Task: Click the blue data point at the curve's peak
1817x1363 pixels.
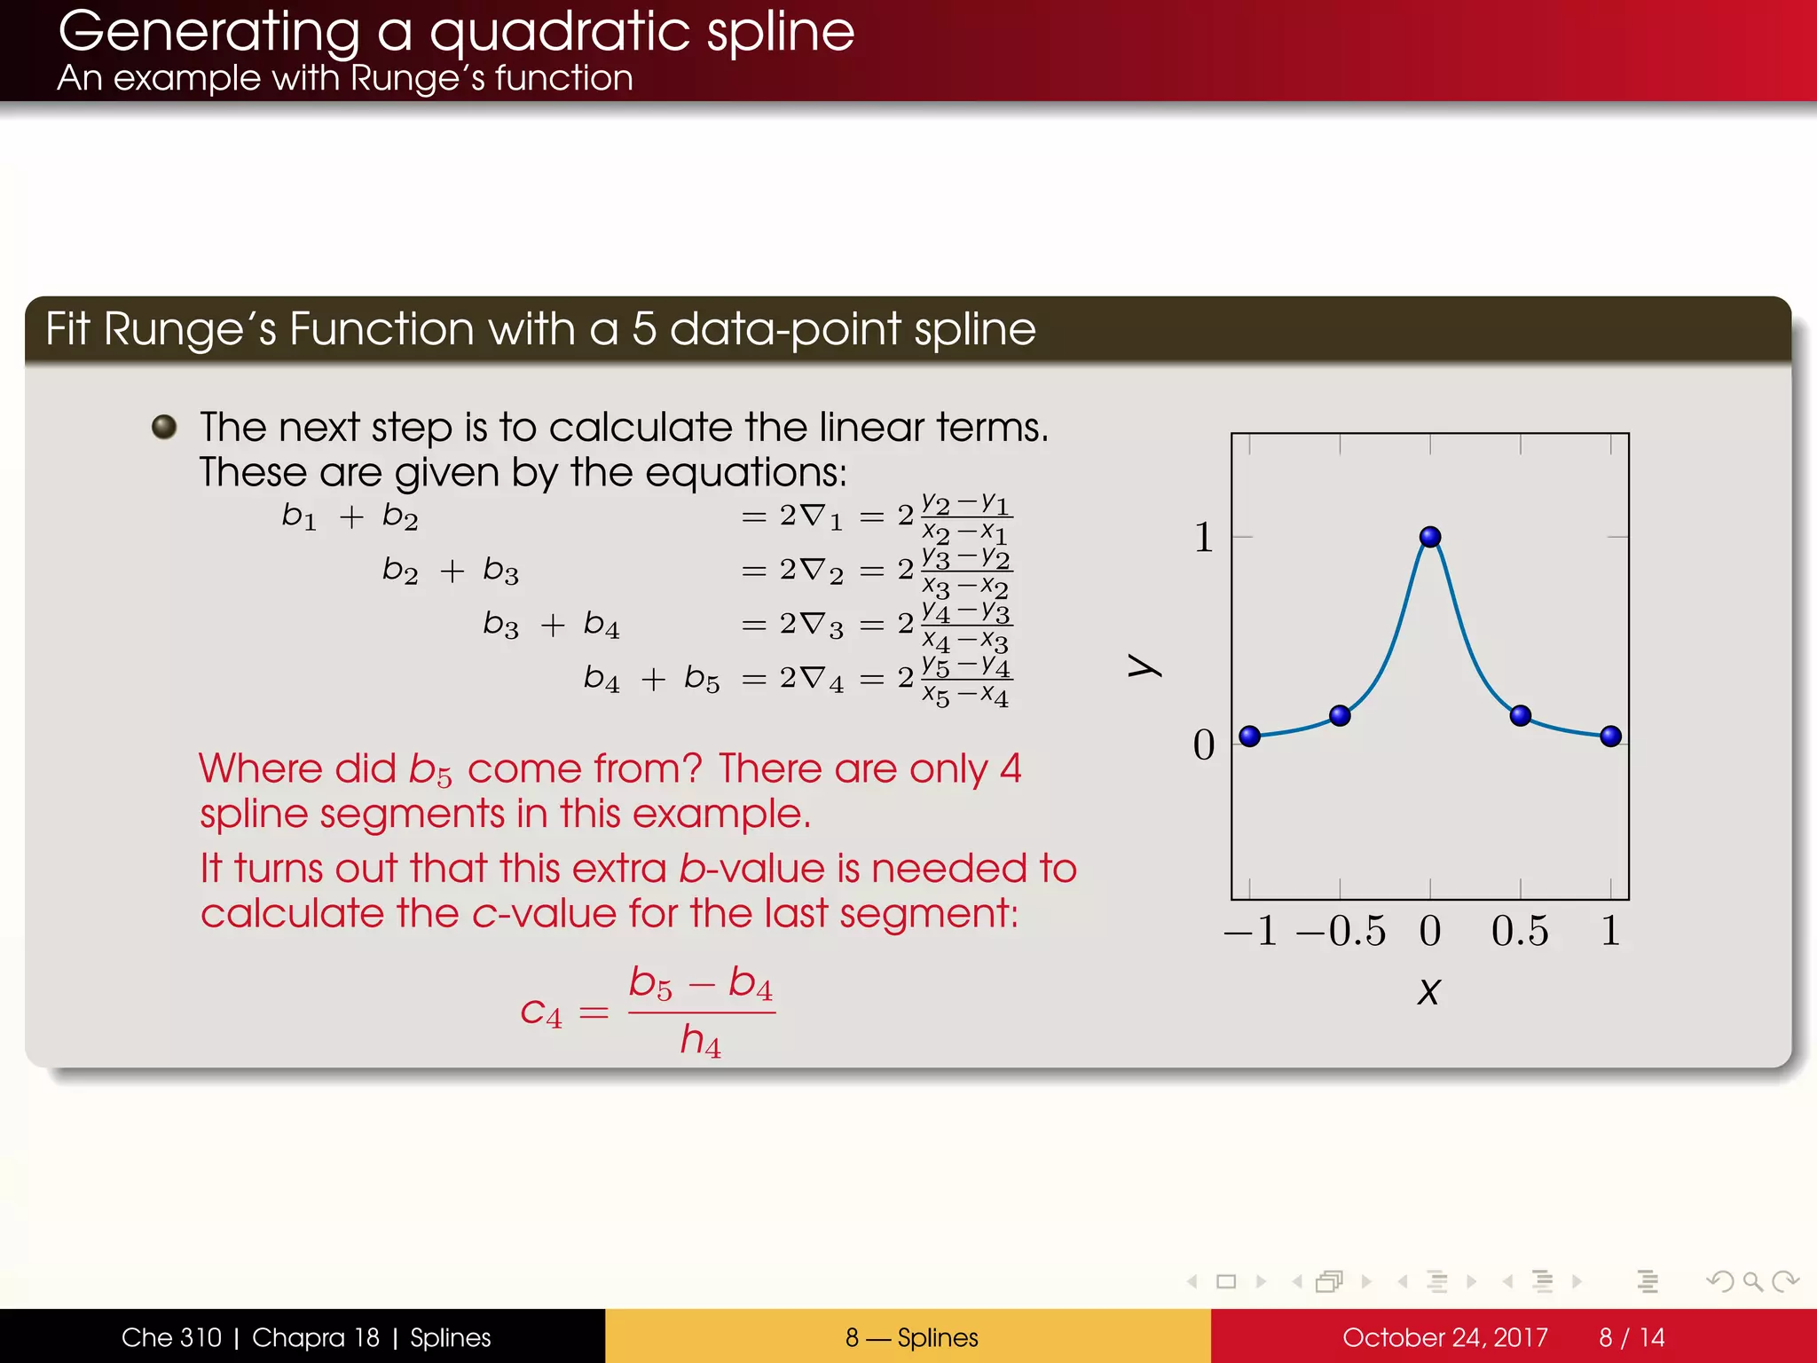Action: pyautogui.click(x=1430, y=537)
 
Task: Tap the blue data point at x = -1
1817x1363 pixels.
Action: pyautogui.click(x=1249, y=736)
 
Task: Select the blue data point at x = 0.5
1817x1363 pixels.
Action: pyautogui.click(x=1521, y=715)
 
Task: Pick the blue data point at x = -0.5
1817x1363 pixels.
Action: pyautogui.click(x=1340, y=715)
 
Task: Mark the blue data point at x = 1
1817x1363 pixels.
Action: pyautogui.click(x=1611, y=736)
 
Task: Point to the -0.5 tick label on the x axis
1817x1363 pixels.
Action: pyautogui.click(x=1340, y=931)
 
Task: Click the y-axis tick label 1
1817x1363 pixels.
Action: pyautogui.click(x=1203, y=538)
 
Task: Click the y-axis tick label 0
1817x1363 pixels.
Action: pyautogui.click(x=1203, y=745)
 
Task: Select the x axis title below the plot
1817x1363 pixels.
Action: pyautogui.click(x=1428, y=992)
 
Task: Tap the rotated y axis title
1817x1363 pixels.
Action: pyautogui.click(x=1144, y=666)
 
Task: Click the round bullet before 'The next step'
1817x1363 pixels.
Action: pyautogui.click(x=164, y=427)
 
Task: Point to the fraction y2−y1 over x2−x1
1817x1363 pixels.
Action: pyautogui.click(x=965, y=518)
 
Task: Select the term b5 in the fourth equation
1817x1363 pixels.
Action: pyautogui.click(x=702, y=679)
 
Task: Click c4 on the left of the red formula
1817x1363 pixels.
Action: pyautogui.click(x=541, y=1012)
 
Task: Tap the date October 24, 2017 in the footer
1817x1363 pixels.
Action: pyautogui.click(x=1444, y=1337)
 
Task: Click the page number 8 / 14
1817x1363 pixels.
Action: pyautogui.click(x=1631, y=1337)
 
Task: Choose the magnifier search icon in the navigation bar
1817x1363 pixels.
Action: pyautogui.click(x=1752, y=1281)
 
